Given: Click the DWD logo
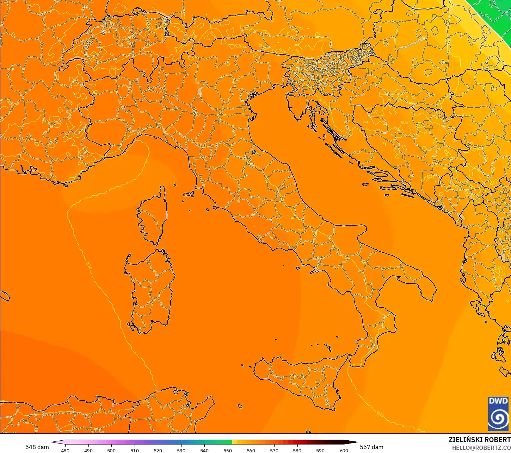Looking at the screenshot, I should coord(498,414).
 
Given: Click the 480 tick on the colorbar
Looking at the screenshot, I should coord(65,450).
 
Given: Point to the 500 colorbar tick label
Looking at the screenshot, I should coord(111,450).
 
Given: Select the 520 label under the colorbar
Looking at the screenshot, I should coord(158,450).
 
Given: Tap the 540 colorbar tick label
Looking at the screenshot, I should coord(204,450).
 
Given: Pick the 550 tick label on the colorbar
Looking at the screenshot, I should coord(228,450).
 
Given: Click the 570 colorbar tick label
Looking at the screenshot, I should coord(274,450).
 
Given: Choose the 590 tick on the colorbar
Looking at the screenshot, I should coord(320,450).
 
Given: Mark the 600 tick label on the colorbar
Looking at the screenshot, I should coord(344,450).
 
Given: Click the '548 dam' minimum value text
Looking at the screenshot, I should coord(37,447).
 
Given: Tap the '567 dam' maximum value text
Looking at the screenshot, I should coord(371,447).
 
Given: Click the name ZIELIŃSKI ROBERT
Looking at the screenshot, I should coord(479,440).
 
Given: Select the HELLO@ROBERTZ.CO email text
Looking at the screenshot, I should coord(481,448).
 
